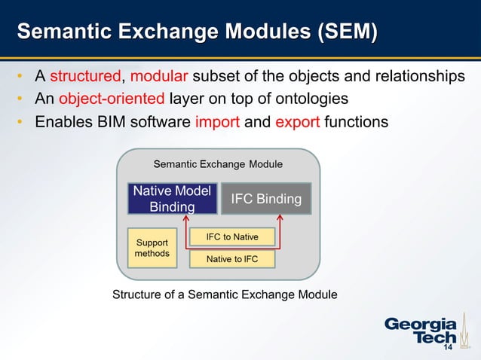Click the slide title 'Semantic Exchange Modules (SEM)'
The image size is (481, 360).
pyautogui.click(x=197, y=32)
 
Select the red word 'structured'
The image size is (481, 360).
pyautogui.click(x=85, y=77)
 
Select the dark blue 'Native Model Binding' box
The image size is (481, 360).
pyautogui.click(x=172, y=199)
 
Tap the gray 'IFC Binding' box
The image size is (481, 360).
pyautogui.click(x=265, y=199)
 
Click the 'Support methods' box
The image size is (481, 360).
pyautogui.click(x=152, y=248)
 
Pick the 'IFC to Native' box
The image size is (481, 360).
pyautogui.click(x=232, y=237)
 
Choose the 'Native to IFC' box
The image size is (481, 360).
pyautogui.click(x=232, y=260)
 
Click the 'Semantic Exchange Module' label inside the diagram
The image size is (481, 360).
pyautogui.click(x=218, y=163)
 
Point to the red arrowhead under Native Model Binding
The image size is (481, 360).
pyautogui.click(x=186, y=218)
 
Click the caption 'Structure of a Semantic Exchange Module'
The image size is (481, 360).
pyautogui.click(x=225, y=294)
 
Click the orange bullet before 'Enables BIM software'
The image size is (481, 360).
pyautogui.click(x=21, y=121)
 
